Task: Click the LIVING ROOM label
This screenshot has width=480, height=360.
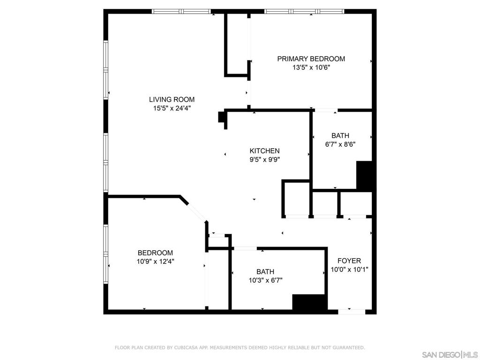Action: [172, 99]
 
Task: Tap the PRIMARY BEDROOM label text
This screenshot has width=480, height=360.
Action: [311, 59]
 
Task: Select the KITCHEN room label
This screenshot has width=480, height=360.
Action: [264, 151]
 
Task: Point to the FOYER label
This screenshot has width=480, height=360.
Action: [349, 261]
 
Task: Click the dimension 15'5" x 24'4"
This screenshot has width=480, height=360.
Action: [172, 108]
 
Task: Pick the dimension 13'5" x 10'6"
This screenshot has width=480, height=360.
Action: [311, 67]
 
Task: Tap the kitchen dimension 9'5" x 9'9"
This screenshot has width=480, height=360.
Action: [265, 159]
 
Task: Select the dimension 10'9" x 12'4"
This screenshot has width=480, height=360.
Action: [155, 262]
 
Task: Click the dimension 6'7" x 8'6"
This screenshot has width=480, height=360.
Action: [340, 144]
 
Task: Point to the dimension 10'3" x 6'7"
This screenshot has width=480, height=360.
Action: [265, 280]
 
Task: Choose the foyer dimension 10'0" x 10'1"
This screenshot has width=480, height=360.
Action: [349, 270]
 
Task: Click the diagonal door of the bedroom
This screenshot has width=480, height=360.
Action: [196, 211]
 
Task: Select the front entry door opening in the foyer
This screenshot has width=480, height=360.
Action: [352, 312]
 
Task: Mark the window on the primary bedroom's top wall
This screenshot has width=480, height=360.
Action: [304, 12]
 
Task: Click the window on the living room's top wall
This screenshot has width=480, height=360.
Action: [181, 12]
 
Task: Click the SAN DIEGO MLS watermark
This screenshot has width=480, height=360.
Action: [450, 355]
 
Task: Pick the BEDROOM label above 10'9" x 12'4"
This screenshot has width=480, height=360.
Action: [155, 253]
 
